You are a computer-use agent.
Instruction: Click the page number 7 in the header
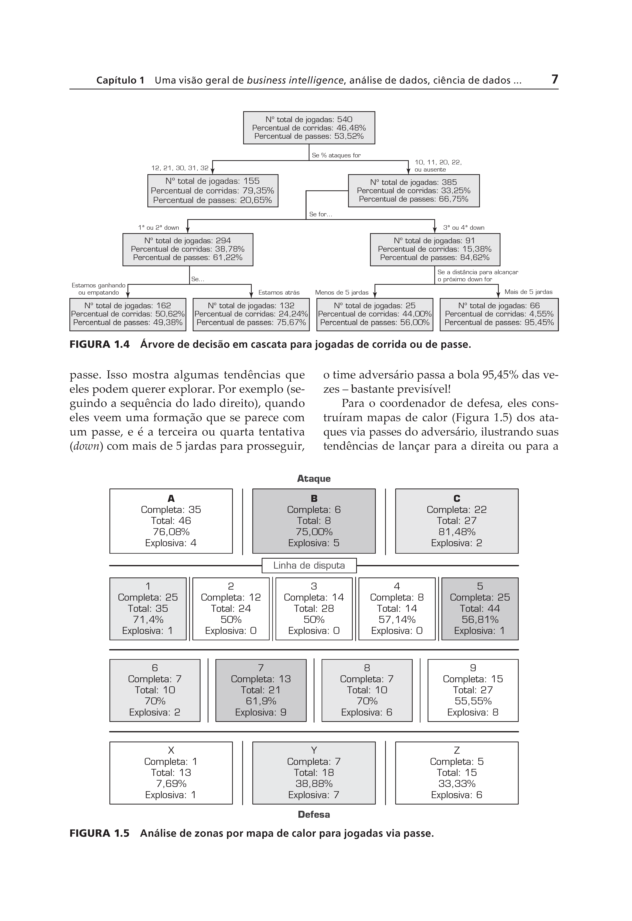[x=554, y=80]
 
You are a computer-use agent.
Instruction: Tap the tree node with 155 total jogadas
[x=213, y=191]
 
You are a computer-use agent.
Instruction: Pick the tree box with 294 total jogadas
[x=188, y=249]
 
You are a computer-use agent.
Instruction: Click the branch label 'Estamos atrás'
[x=279, y=293]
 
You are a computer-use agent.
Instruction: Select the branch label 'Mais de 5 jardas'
[x=528, y=292]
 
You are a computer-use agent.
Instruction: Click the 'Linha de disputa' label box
[x=309, y=565]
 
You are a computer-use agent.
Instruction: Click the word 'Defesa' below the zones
[x=314, y=814]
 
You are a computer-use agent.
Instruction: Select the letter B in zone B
[x=314, y=499]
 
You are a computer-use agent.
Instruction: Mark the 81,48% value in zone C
[x=457, y=532]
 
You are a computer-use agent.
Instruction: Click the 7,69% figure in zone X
[x=171, y=784]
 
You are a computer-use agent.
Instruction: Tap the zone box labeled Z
[x=457, y=773]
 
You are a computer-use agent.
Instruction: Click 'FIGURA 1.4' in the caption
[x=100, y=344]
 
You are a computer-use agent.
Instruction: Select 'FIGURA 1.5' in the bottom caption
[x=100, y=833]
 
